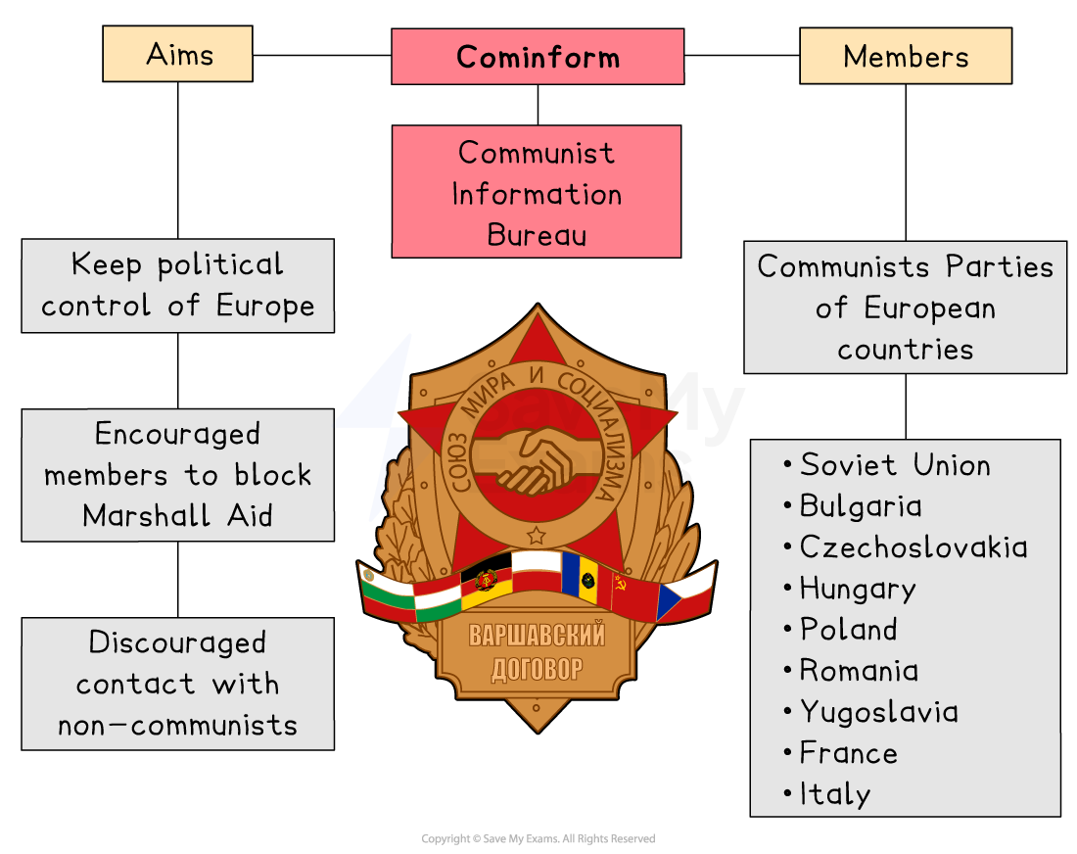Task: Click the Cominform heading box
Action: coord(538,57)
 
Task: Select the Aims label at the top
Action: coord(177,54)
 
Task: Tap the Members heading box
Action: coord(906,56)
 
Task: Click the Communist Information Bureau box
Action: coord(537,193)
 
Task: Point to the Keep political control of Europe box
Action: coord(177,285)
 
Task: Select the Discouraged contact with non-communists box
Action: coord(177,684)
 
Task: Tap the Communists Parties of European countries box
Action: coord(905,308)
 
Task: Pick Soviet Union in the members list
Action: coord(895,464)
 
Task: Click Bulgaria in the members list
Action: coord(861,505)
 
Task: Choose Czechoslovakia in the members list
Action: coord(913,546)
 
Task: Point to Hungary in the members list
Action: coord(858,588)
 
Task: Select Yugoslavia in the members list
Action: coord(878,711)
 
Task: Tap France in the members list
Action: coord(848,752)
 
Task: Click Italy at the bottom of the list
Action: coord(834,793)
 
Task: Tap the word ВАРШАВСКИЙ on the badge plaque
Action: coord(537,636)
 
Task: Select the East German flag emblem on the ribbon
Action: coord(487,580)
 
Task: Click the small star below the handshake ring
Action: coord(536,535)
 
